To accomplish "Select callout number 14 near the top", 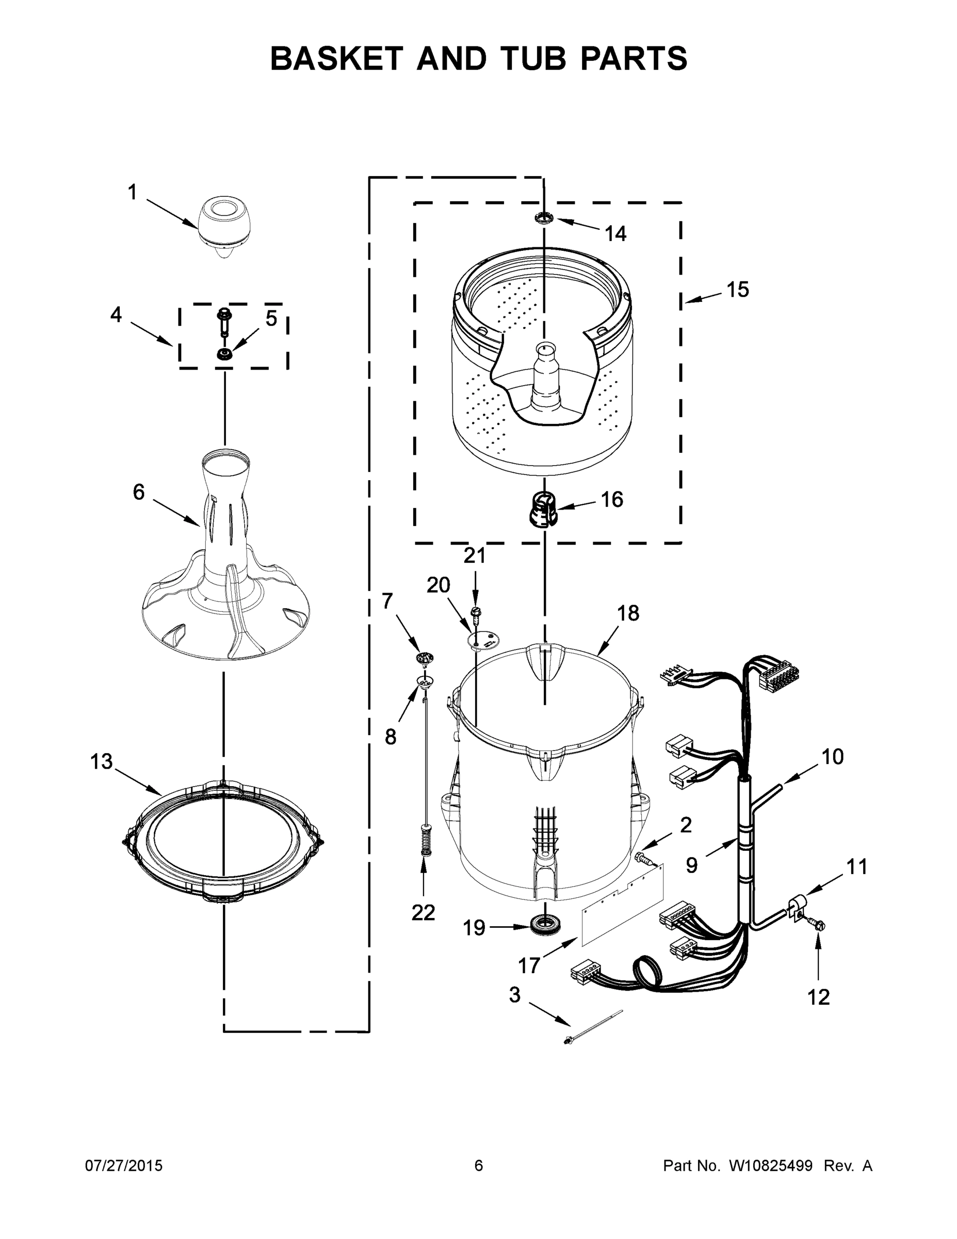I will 615,233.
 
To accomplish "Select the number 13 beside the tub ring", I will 101,761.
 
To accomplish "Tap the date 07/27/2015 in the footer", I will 124,1166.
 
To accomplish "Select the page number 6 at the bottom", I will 479,1166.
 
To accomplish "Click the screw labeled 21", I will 475,613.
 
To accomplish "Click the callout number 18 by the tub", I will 628,613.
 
